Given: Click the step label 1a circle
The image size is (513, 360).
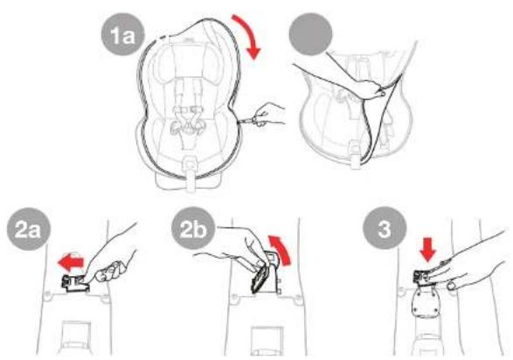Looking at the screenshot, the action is pos(122,34).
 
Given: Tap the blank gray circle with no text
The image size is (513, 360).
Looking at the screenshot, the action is pos(310,34).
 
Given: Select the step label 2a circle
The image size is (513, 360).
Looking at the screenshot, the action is pos(29,229).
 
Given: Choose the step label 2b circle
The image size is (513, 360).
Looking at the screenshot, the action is pos(193,229).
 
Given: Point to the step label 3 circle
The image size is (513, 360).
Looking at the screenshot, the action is pos(385,228).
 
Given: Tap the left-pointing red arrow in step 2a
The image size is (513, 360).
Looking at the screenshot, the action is pos(71,262).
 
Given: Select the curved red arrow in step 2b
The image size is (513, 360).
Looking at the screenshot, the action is pos(281,248).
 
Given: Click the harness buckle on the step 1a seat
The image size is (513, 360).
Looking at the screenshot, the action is pos(186,125).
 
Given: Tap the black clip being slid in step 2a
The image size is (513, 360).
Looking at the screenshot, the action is pos(75,283).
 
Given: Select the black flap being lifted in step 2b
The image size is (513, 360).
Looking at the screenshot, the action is pos(260,279).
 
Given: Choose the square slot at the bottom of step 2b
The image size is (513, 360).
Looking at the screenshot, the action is pos(266,339).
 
